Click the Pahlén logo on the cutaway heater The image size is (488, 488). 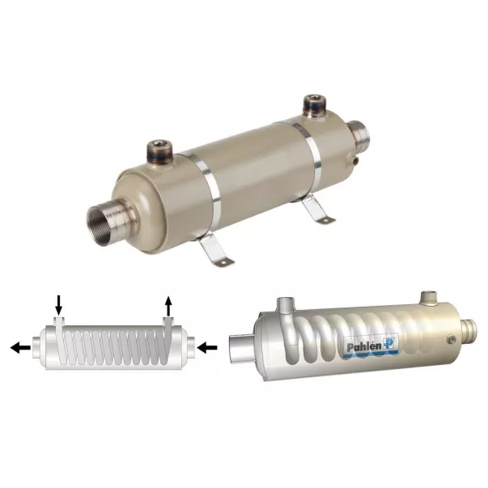[371, 346]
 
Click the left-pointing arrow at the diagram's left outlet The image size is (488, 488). [20, 348]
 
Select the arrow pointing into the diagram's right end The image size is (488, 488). [207, 348]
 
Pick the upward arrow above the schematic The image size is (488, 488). [168, 306]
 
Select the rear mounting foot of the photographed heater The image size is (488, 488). [316, 209]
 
